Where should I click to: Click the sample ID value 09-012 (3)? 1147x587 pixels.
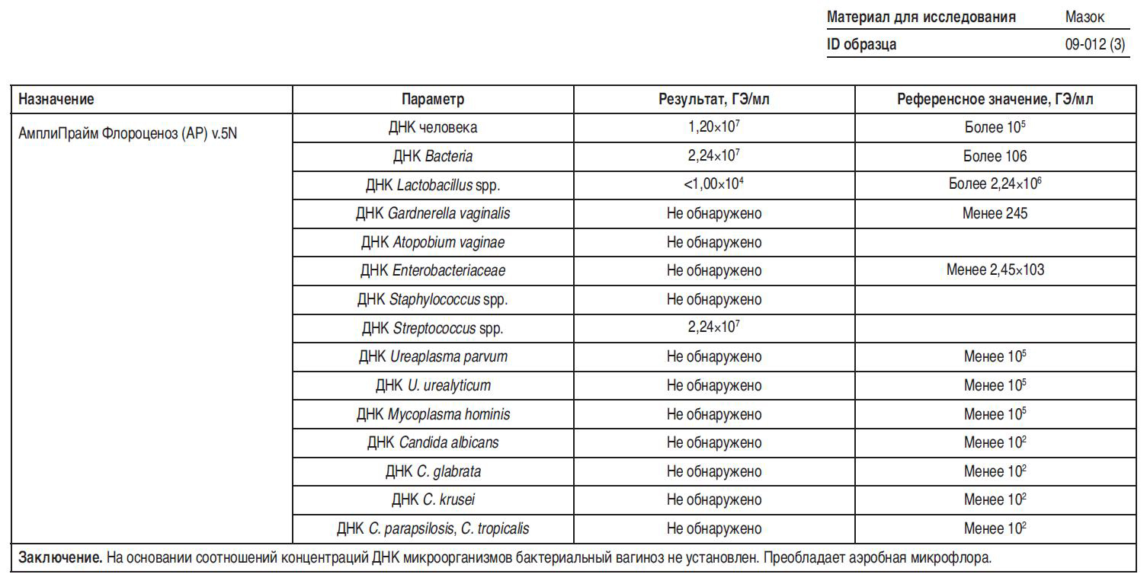1094,44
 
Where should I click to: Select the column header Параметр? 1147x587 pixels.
432,99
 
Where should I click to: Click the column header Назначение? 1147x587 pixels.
56,99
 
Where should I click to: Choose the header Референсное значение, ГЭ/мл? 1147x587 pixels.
995,99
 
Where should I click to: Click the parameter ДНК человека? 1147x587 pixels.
432,127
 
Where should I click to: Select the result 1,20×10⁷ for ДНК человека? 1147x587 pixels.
714,127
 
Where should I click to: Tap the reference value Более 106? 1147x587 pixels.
995,156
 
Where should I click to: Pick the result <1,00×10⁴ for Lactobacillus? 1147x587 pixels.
714,184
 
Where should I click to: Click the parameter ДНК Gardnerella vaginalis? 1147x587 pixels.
432,213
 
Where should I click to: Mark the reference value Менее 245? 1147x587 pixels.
995,213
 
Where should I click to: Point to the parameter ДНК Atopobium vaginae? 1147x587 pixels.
432,242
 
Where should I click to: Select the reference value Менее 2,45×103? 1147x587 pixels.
995,270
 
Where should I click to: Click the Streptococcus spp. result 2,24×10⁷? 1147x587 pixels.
714,327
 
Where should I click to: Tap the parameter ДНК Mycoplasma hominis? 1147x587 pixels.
432,414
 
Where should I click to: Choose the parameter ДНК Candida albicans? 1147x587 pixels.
432,442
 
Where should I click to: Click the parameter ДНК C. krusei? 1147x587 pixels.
432,499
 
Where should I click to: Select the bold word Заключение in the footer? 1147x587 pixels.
60,558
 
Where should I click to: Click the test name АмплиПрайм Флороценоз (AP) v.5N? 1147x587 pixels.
128,133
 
